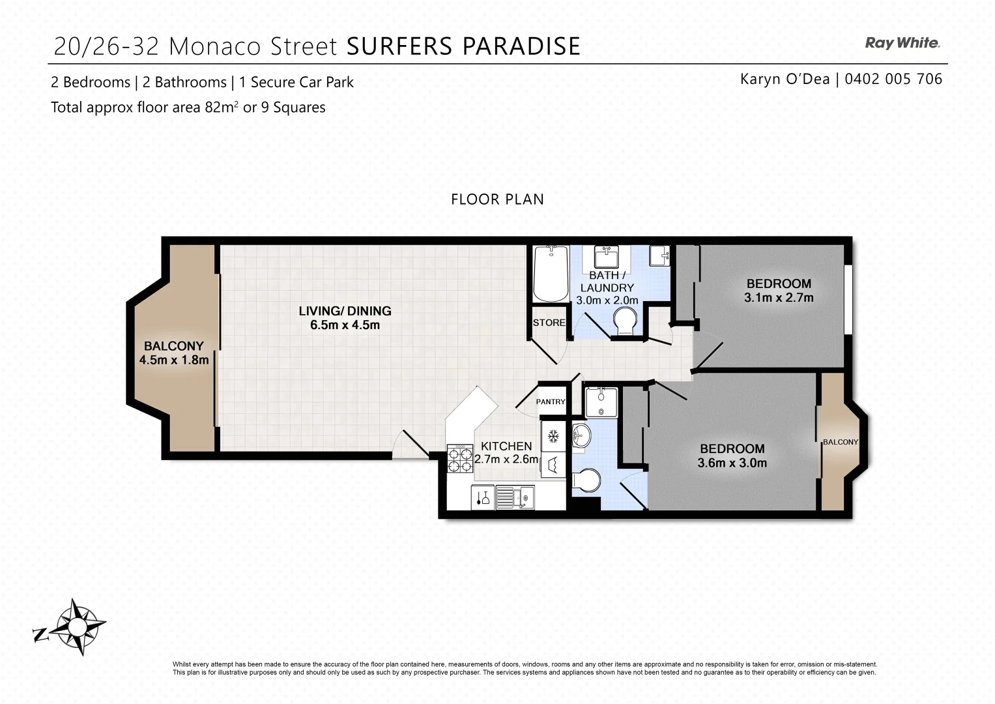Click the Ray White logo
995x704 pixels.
coord(902,43)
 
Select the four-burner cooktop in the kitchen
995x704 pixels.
coord(460,458)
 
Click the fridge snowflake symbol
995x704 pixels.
coord(553,435)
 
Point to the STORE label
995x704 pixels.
coord(549,323)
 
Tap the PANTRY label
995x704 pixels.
coord(551,402)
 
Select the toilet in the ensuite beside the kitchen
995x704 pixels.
coord(586,481)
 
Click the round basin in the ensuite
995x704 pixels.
coord(581,435)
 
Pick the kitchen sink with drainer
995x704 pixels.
coord(514,497)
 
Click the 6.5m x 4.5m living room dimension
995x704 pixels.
coord(345,325)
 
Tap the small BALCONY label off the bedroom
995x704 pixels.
coord(840,442)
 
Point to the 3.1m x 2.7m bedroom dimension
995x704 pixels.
coord(779,298)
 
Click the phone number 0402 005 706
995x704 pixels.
coord(893,79)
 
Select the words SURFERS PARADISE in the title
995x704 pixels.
coord(463,46)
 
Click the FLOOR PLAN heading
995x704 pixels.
coord(497,199)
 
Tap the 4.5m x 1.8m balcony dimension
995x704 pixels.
coord(174,360)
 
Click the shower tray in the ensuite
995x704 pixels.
coord(600,402)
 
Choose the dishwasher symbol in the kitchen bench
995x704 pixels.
coord(553,465)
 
